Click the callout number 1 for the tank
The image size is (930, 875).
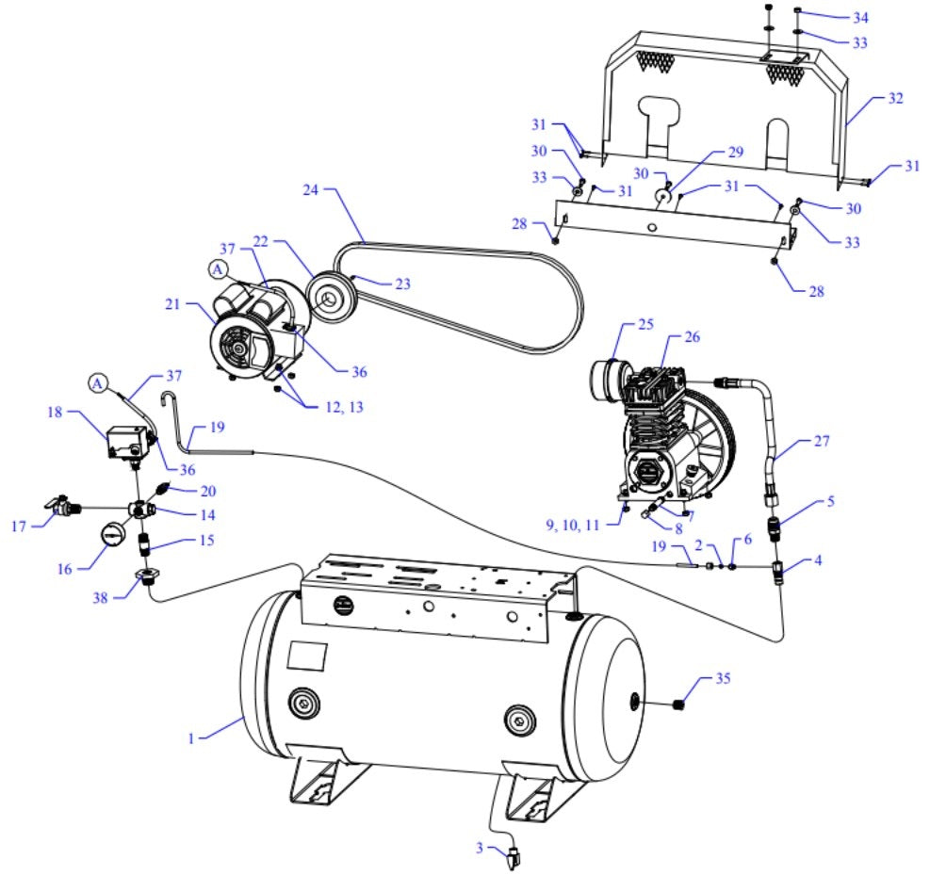192,739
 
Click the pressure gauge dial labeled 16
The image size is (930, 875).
110,532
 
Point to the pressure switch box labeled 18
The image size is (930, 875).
126,440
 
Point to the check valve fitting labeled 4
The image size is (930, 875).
778,571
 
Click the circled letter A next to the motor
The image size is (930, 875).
218,268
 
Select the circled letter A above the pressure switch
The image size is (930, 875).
99,382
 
